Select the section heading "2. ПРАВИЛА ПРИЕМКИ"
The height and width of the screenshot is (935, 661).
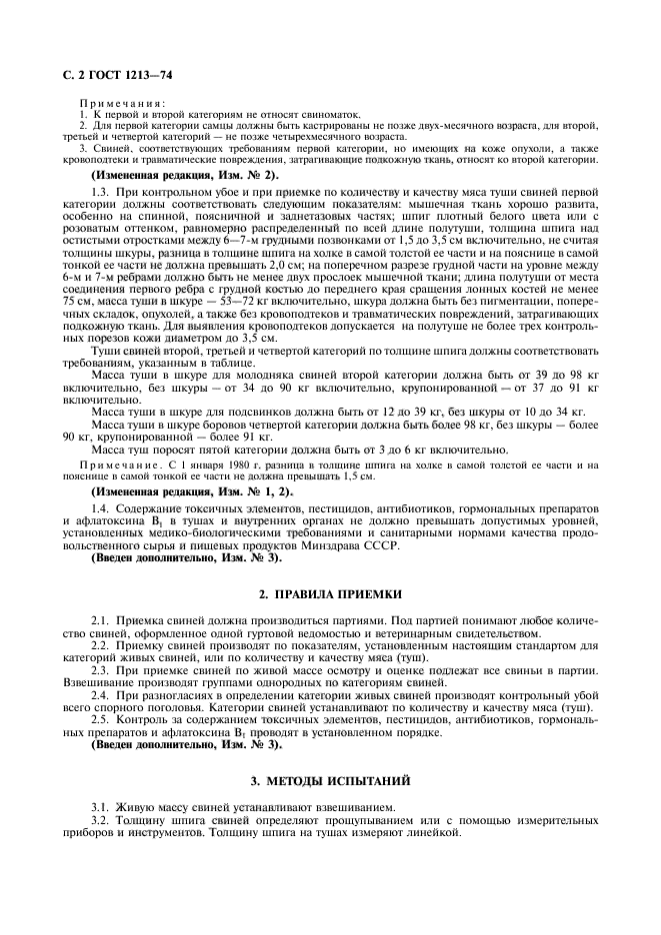(329, 593)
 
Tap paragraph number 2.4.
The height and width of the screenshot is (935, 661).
(100, 693)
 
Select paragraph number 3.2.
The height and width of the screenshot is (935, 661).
(100, 819)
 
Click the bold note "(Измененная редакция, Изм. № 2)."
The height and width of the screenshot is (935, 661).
(185, 174)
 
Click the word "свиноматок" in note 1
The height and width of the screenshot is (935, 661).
(271, 115)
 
